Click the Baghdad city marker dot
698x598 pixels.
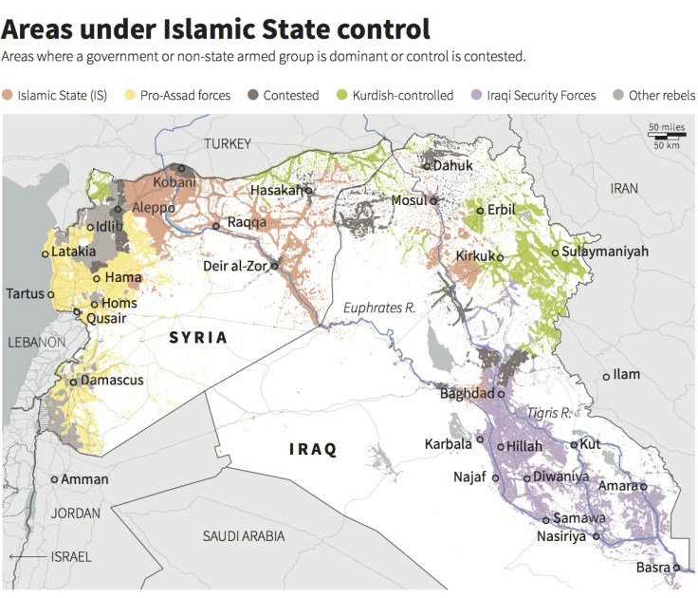(x=502, y=393)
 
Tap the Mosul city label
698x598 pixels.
(x=410, y=200)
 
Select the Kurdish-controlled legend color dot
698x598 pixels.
(x=343, y=95)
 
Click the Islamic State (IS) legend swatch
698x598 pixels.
(x=9, y=95)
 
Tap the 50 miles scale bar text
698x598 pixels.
(x=667, y=126)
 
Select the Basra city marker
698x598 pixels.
(x=677, y=568)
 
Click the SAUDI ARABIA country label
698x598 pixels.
(x=244, y=536)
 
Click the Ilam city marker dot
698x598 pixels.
(x=607, y=377)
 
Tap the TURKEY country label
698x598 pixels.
(x=228, y=144)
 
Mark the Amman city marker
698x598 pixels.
(x=54, y=479)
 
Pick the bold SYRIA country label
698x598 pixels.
(x=198, y=337)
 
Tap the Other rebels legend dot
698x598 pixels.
(x=618, y=95)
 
